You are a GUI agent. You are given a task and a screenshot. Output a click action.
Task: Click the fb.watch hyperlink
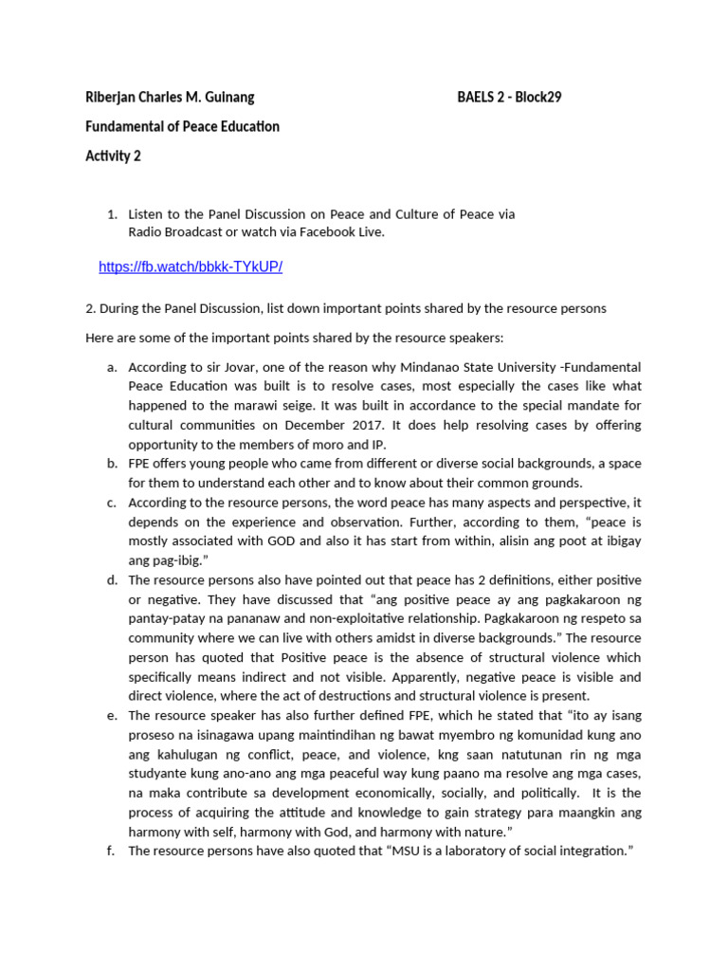[x=191, y=267]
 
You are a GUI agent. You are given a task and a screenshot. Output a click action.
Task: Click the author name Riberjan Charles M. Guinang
[x=170, y=97]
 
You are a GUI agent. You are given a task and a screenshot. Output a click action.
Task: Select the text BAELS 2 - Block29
[x=509, y=97]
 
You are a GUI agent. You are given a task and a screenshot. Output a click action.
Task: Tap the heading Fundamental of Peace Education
[x=182, y=126]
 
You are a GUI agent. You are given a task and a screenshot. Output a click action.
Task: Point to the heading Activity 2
[x=113, y=156]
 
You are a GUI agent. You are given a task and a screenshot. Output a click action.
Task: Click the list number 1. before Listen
[x=112, y=214]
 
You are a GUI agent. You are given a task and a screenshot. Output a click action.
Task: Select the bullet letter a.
[x=111, y=367]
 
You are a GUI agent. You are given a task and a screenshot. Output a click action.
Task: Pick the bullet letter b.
[x=111, y=464]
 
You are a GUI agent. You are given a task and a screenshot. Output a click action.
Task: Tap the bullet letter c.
[x=111, y=503]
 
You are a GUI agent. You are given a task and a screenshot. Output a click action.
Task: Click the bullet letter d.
[x=111, y=580]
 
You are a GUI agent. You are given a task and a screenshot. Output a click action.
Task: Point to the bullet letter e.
[x=111, y=716]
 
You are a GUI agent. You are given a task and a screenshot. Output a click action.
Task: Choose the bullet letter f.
[x=111, y=851]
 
